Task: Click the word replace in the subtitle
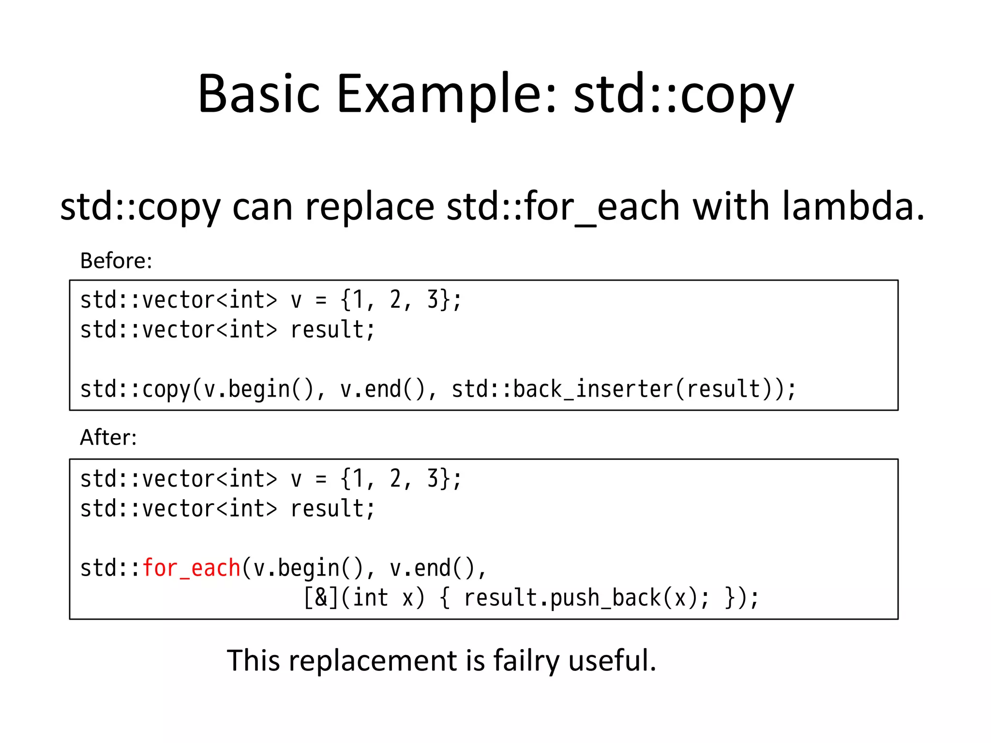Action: point(370,207)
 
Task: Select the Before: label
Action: point(116,261)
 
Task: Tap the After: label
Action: point(108,437)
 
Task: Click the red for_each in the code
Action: point(192,568)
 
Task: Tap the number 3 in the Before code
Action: point(433,299)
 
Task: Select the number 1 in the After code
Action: point(358,478)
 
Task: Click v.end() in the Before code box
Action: point(382,389)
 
